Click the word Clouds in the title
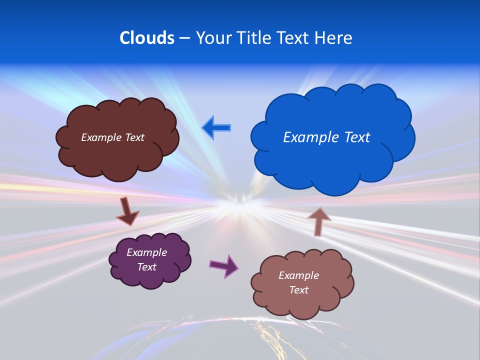click(146, 38)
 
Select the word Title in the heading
click(253, 38)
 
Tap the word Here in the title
click(333, 38)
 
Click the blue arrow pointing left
click(216, 128)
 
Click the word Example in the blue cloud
click(307, 137)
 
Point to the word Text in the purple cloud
click(146, 267)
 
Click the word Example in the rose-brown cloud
click(298, 275)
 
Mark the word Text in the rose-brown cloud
click(298, 290)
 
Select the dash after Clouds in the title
click(184, 38)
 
